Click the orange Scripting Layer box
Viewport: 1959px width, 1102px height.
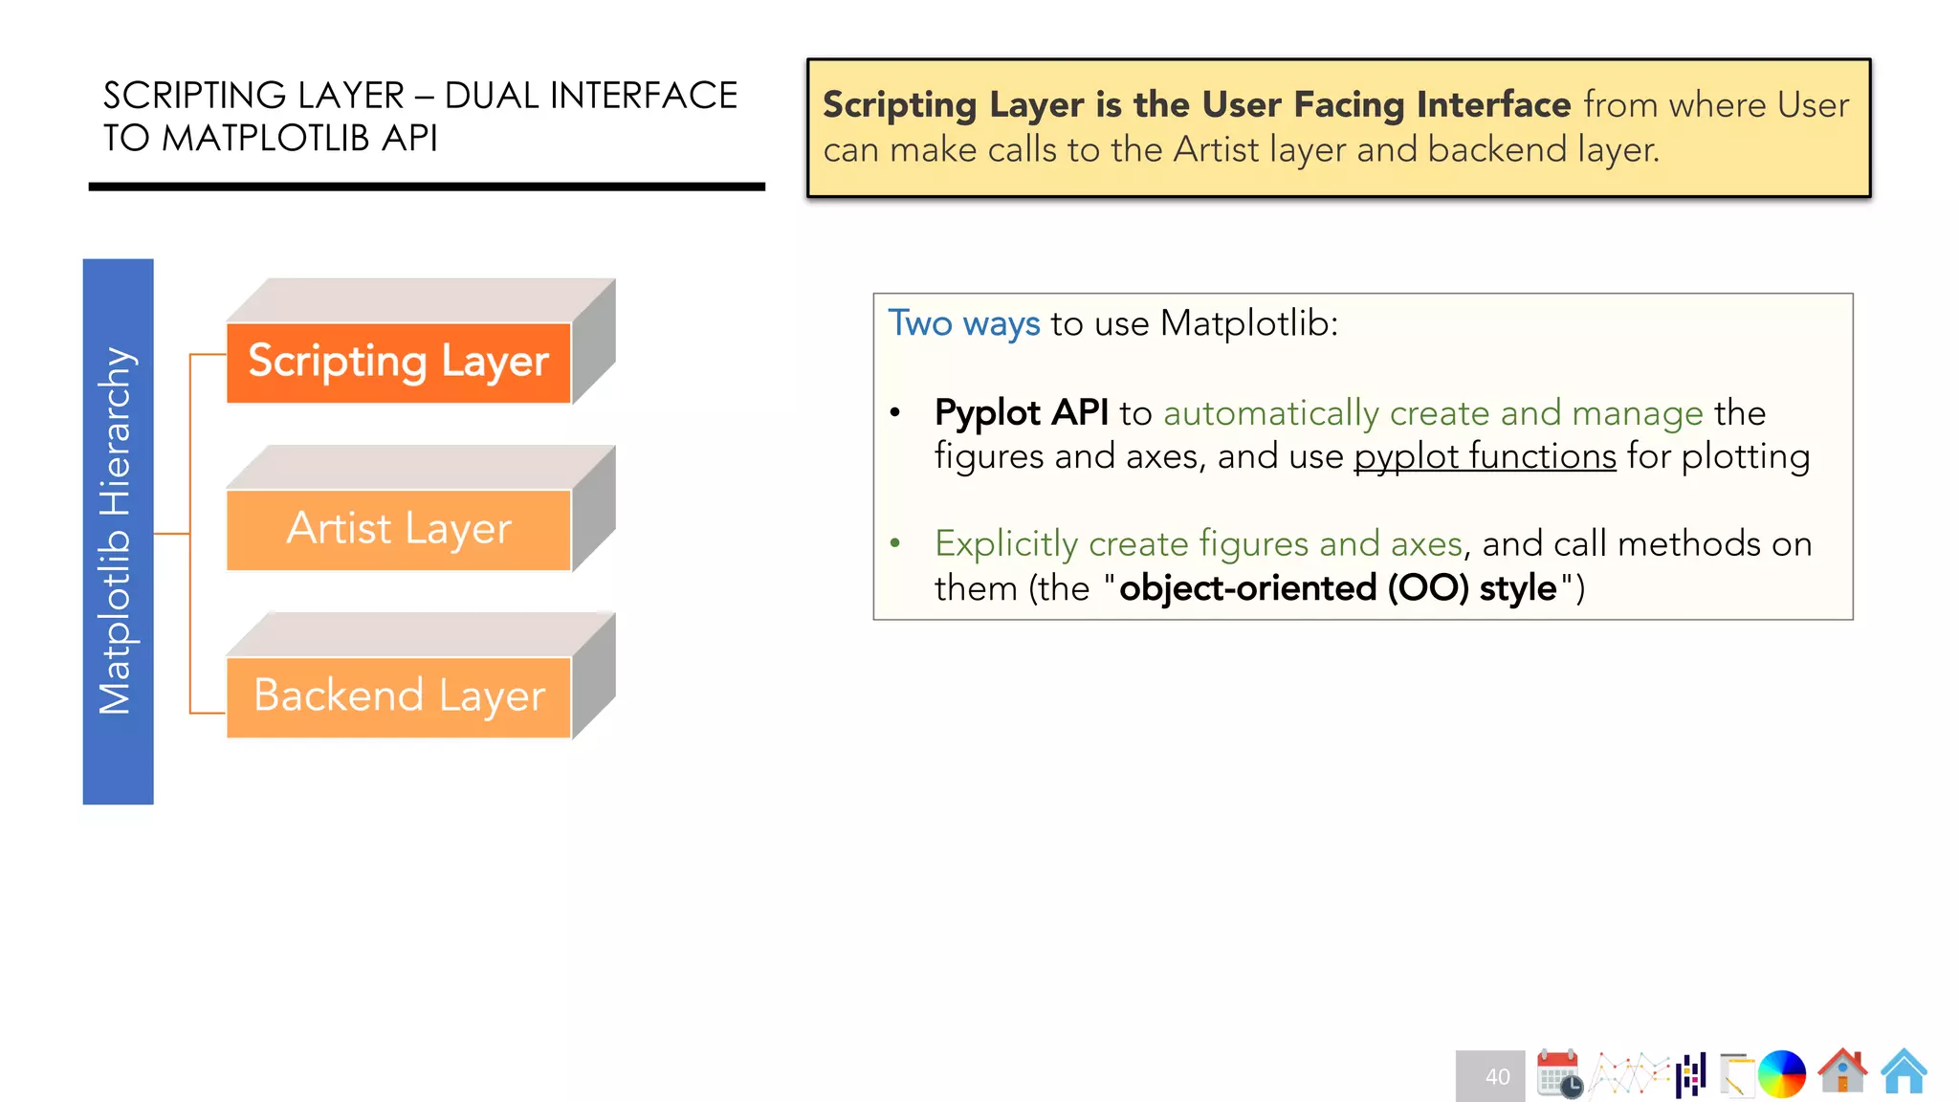point(398,363)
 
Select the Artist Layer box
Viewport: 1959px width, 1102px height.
point(398,529)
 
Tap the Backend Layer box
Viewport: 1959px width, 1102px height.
point(398,696)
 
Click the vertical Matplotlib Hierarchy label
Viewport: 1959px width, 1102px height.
point(118,531)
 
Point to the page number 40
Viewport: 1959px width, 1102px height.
point(1496,1077)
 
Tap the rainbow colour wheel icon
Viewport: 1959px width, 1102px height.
point(1781,1073)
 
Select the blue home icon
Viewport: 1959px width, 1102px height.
point(1904,1071)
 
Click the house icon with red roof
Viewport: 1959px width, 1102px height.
point(1842,1071)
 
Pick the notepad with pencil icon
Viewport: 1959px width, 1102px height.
point(1736,1074)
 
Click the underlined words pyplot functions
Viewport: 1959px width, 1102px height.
point(1485,456)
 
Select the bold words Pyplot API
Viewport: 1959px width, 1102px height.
point(1021,412)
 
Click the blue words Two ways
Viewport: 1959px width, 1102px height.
point(963,323)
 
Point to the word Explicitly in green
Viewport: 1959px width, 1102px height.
point(1006,544)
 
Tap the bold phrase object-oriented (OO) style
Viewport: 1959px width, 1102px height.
point(1337,587)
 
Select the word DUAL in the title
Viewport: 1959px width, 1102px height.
point(492,96)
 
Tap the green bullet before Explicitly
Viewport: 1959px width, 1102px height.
point(895,543)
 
